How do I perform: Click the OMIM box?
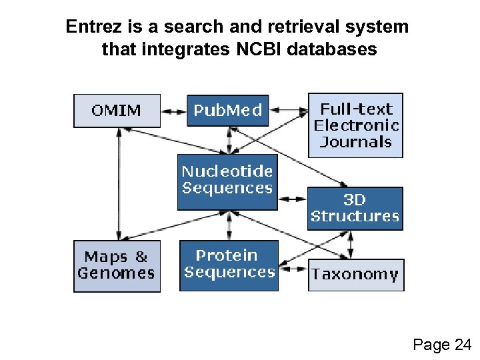(x=117, y=111)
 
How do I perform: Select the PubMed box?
(x=228, y=111)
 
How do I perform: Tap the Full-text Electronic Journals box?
(x=355, y=125)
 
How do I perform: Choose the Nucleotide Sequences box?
(x=227, y=181)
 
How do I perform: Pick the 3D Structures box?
(x=355, y=208)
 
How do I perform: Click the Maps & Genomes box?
(x=117, y=265)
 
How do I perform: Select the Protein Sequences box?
(x=229, y=265)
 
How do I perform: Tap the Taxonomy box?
(x=355, y=275)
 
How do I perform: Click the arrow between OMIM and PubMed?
(x=174, y=110)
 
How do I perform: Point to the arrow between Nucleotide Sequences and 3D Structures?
(x=292, y=198)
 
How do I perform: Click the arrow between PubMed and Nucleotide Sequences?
(x=229, y=140)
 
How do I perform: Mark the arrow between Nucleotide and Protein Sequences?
(x=229, y=225)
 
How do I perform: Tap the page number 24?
(x=461, y=345)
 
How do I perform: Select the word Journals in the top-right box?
(x=355, y=141)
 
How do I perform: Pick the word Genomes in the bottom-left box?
(x=117, y=273)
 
